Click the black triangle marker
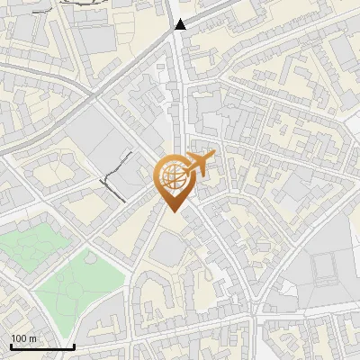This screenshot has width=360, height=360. coord(181,24)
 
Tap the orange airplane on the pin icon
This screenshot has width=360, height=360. coord(199,165)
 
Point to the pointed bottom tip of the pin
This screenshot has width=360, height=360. coord(172,211)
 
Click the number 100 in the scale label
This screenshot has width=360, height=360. coord(18,338)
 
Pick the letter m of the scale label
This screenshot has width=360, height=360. coord(31,338)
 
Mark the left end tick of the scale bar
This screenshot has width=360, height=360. coord(11,346)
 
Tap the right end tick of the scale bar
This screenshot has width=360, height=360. coord(74,346)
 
